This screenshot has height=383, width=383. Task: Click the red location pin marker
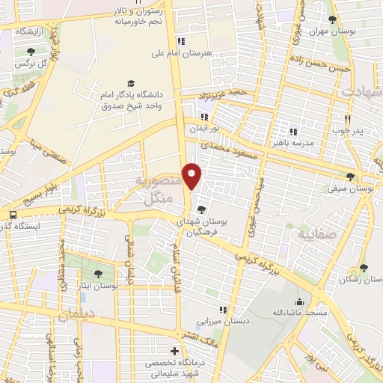click(192, 176)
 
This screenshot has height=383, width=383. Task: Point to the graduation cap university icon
click(131, 83)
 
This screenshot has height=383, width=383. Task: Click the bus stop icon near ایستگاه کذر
click(12, 215)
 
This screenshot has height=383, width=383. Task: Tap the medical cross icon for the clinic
click(174, 351)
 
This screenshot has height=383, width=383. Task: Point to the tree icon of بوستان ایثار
click(99, 274)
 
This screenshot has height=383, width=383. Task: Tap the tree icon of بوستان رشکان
click(364, 268)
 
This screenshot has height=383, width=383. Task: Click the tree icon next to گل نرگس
click(31, 52)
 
